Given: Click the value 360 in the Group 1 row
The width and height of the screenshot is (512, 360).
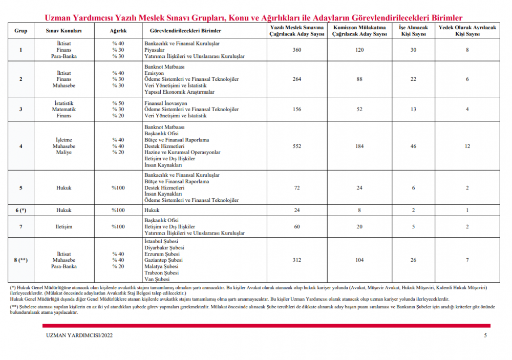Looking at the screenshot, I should tap(297, 50).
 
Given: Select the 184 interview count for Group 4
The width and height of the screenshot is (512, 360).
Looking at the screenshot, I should tap(359, 146).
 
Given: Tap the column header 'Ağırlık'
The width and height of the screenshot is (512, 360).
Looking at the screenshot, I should tap(118, 31).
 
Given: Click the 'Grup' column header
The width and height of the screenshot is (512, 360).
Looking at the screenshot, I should tap(20, 31).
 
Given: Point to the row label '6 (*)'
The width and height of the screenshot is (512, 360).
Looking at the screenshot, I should tap(20, 210).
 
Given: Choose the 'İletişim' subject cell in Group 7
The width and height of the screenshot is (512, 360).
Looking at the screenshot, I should tap(64, 226).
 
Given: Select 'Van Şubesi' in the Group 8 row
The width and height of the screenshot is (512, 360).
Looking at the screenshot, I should tap(157, 279).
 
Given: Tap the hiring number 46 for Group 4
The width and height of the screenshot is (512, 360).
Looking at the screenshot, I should tap(413, 146).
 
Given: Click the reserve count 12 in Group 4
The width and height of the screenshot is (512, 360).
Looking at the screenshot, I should tap(467, 146).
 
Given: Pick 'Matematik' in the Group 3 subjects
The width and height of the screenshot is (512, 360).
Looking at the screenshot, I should tap(64, 109).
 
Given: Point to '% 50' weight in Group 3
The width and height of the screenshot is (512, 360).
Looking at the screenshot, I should tap(118, 103).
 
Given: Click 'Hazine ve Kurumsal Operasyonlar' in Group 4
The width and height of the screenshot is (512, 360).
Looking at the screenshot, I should tap(182, 152).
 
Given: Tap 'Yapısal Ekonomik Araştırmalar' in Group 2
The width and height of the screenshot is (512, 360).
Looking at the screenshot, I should tap(179, 92).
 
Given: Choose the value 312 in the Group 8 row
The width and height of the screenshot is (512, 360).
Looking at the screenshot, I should tap(297, 260).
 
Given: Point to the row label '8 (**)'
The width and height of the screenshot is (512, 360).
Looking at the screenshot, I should tap(20, 260).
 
